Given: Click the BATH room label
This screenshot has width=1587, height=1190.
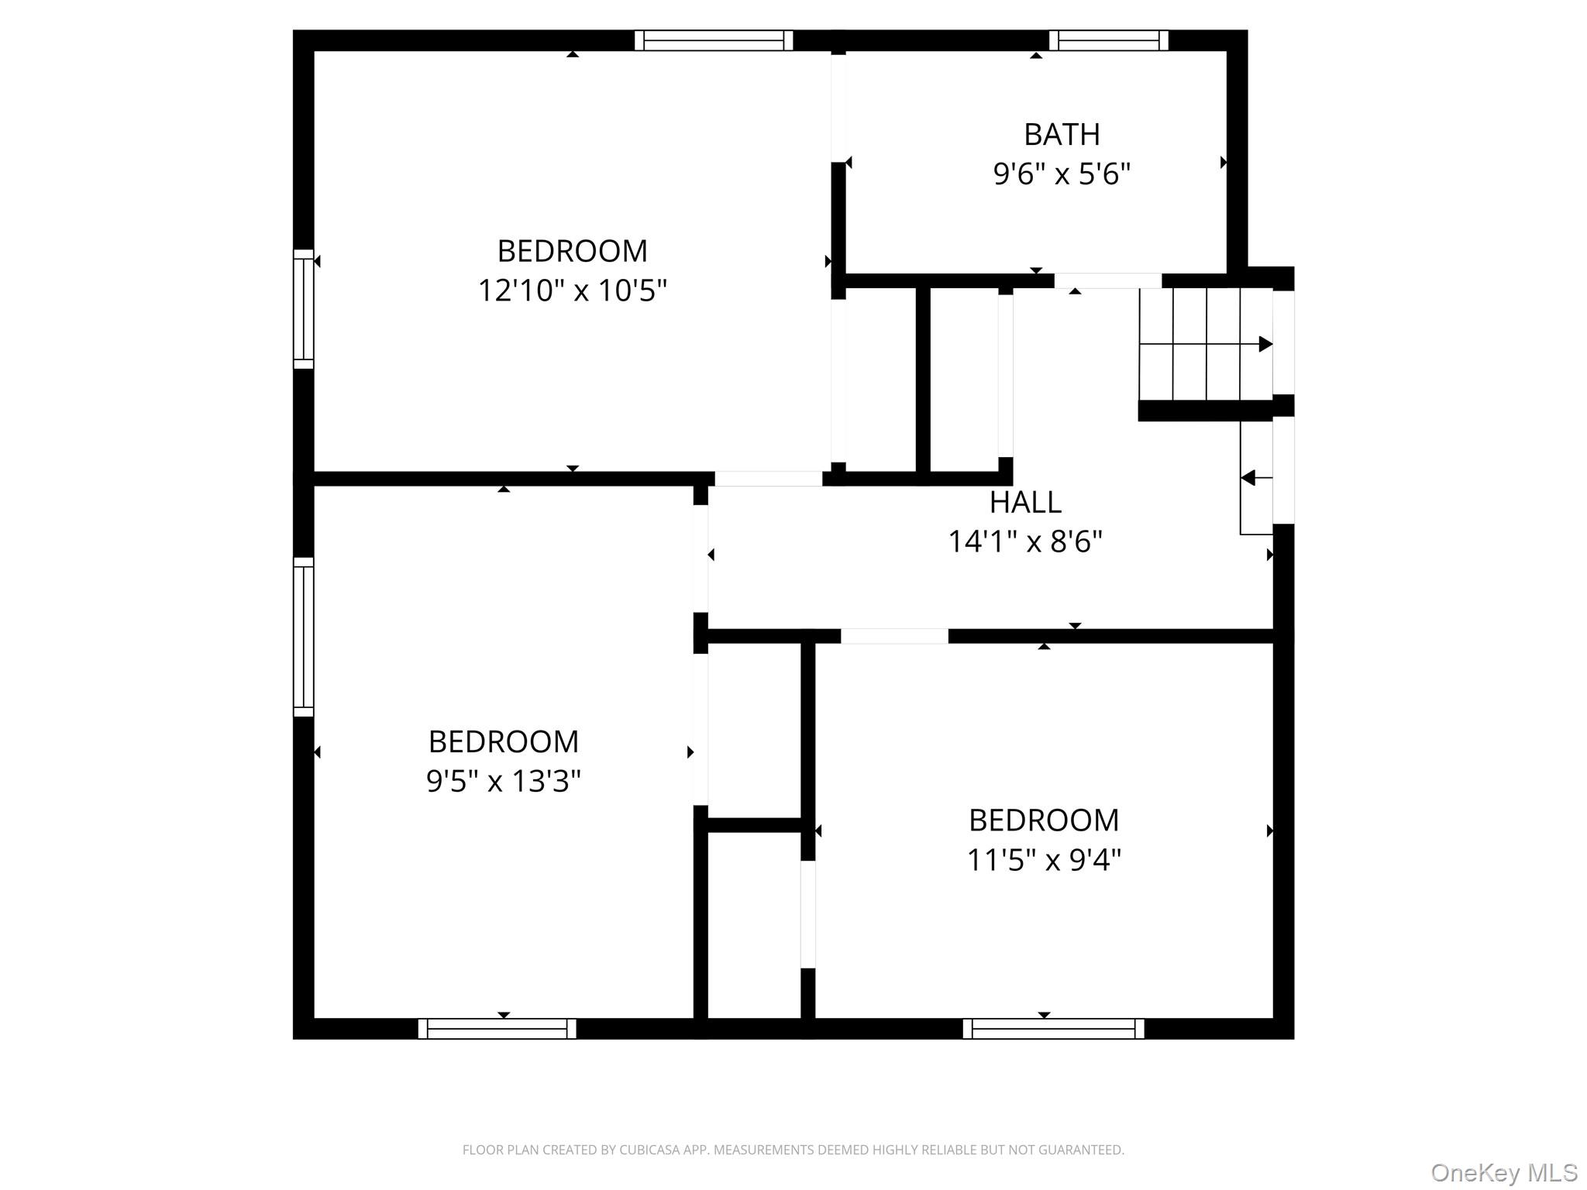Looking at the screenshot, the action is (1062, 135).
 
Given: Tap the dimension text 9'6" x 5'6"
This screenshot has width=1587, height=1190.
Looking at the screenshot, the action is (1062, 174).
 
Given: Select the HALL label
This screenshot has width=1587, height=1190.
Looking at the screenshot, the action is (1025, 503).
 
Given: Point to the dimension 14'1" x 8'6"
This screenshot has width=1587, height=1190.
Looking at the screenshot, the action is (1025, 542).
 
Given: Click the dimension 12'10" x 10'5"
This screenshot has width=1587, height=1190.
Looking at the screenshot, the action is (572, 291).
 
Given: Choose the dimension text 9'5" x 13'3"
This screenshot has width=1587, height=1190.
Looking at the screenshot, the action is (504, 781).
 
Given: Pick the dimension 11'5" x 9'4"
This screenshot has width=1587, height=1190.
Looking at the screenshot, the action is (1044, 859).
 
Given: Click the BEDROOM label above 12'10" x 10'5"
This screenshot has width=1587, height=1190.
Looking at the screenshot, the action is (572, 251).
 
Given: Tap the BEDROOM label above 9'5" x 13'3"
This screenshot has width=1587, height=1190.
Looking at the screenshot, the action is (504, 742).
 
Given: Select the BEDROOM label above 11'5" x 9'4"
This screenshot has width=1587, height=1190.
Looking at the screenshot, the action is (1044, 820).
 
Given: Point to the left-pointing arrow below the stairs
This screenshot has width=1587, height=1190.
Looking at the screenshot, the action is (1256, 478).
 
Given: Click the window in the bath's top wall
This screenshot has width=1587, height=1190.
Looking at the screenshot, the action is (1109, 40).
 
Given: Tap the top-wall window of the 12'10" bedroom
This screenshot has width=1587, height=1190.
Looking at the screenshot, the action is (714, 40).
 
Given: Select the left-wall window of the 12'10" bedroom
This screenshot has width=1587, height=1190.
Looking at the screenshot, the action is (304, 309).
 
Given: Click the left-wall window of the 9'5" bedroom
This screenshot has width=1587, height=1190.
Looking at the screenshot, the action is (304, 637).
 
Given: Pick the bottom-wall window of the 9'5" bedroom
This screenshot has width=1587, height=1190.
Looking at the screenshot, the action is (497, 1029).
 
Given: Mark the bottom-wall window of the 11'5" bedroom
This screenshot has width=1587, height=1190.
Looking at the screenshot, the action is (1054, 1029).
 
